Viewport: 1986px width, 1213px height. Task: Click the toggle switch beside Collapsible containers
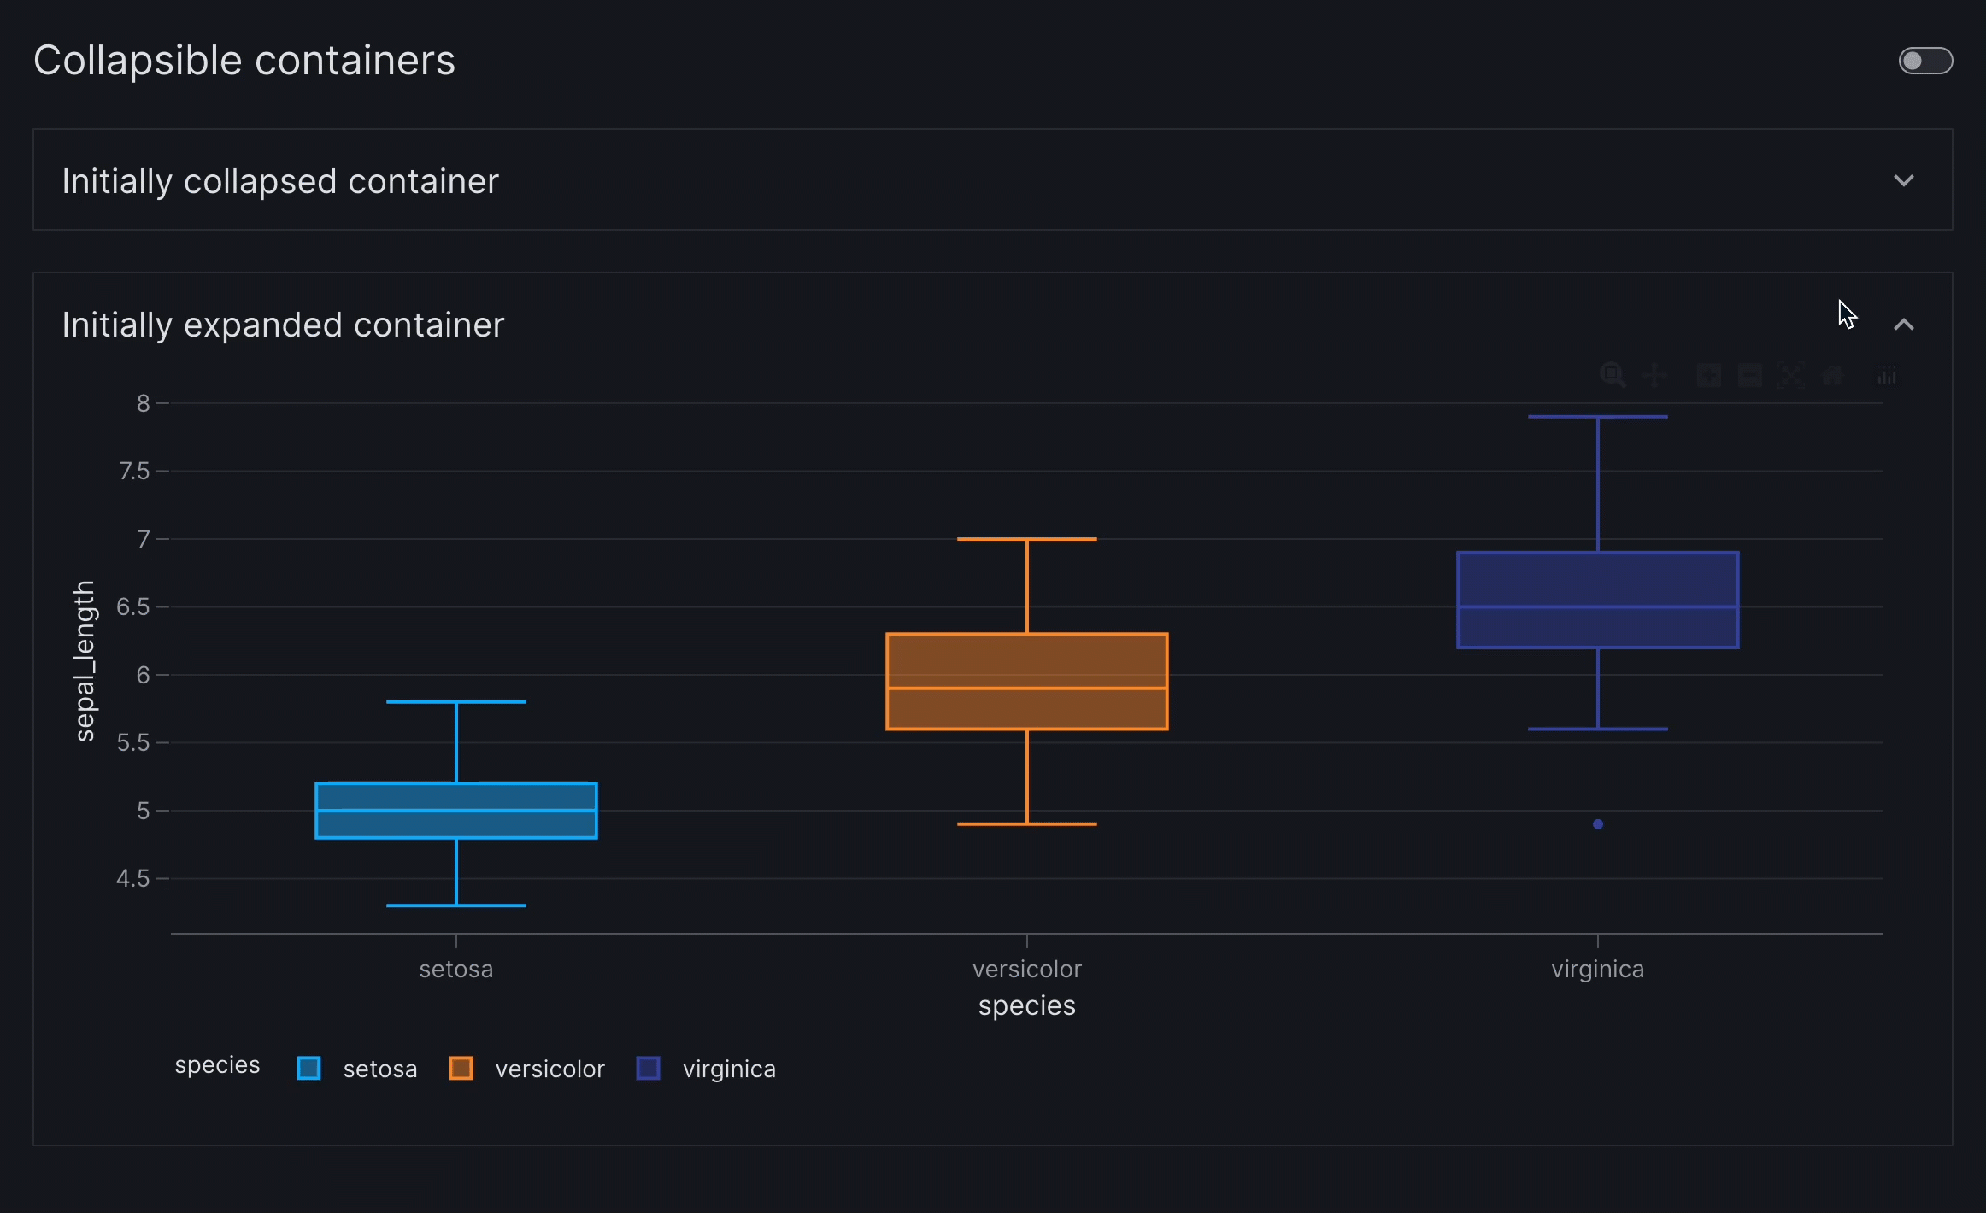1924,61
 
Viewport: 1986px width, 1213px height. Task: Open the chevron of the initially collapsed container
1903,180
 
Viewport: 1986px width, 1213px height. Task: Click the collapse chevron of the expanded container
1903,325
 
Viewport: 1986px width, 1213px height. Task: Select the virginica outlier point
1597,824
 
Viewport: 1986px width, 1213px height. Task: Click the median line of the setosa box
456,810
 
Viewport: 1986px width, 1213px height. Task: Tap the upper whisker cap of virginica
1597,417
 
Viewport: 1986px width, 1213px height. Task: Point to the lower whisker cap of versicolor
1026,824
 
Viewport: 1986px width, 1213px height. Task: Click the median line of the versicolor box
1026,688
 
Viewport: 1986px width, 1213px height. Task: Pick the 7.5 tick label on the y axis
134,471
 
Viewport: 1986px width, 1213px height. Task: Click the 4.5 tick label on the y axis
133,878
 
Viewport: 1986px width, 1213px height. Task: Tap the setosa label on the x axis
456,970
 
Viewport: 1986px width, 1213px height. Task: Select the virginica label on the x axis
1597,970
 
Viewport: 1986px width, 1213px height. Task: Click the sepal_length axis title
84,660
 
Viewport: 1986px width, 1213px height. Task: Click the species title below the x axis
1026,1006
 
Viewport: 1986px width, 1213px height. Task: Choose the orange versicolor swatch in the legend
461,1069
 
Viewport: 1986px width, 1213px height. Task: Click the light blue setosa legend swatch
308,1069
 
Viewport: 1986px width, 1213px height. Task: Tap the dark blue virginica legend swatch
648,1069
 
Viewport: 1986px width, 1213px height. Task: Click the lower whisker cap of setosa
456,905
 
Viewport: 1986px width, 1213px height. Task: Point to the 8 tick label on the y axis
143,403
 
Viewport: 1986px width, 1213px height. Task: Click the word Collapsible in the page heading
138,61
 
